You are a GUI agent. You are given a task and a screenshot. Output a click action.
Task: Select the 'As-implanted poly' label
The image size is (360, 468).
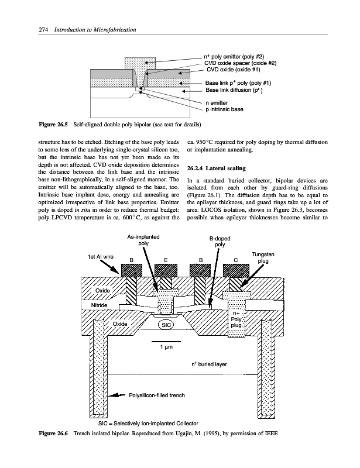coord(143,240)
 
